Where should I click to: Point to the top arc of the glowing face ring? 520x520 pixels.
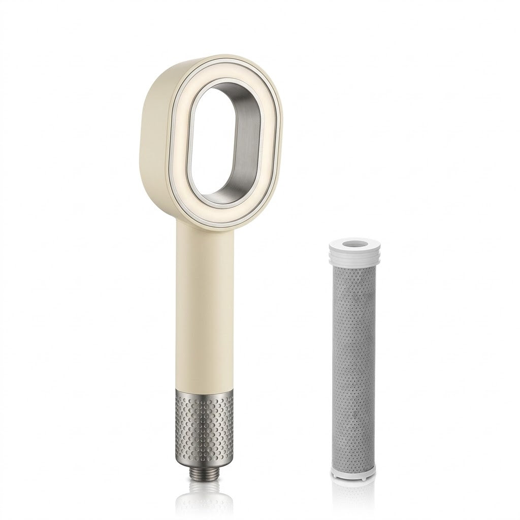click(229, 72)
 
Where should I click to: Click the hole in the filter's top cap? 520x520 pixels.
click(353, 245)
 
